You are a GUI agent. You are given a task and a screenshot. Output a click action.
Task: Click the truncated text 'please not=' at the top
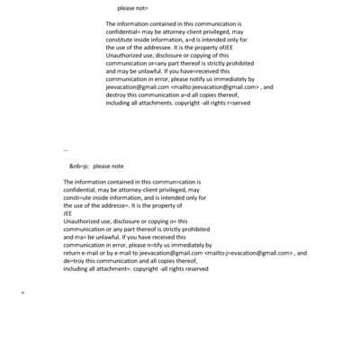[x=134, y=7]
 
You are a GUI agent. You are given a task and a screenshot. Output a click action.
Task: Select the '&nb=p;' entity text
[x=79, y=166]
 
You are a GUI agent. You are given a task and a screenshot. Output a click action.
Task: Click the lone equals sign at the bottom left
[x=22, y=293]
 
